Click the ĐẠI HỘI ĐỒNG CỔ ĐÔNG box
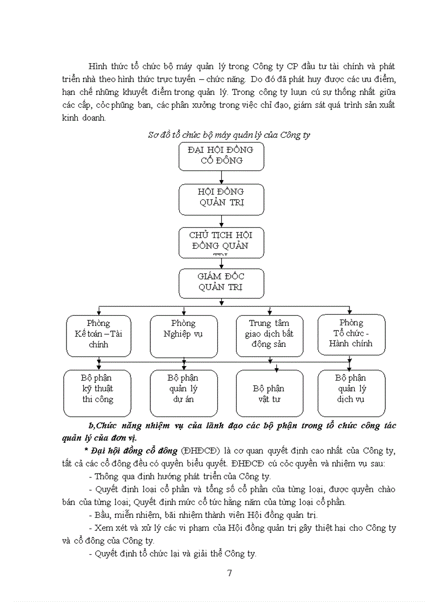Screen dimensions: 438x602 click(221, 155)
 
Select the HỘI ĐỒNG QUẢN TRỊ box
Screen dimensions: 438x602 click(221, 198)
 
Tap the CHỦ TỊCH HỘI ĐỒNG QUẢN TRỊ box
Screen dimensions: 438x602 click(221, 242)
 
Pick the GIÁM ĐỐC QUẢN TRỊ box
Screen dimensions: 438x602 click(221, 283)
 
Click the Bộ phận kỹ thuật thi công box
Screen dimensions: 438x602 click(97, 392)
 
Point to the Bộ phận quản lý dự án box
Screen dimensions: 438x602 click(184, 392)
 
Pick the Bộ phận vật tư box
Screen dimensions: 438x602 click(269, 393)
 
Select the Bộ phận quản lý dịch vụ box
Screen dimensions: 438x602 click(351, 392)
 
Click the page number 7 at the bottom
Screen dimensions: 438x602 click(230, 573)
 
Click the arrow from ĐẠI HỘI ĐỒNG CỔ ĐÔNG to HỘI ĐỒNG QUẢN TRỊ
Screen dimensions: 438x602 click(221, 177)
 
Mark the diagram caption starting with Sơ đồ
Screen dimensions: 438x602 click(229, 135)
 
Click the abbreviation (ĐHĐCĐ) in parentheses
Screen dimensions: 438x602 click(201, 450)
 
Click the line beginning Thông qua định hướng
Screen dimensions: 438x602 click(179, 476)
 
